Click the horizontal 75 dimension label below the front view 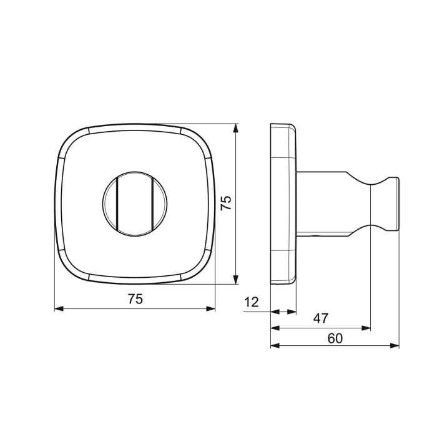tap(135, 299)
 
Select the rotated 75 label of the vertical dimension tap(226, 202)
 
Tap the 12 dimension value tap(251, 303)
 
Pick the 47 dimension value tap(320, 318)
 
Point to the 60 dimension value tap(335, 338)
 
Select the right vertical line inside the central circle tap(153, 203)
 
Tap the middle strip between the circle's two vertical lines tap(135, 203)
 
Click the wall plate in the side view tap(282, 204)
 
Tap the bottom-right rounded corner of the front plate tap(202, 270)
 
